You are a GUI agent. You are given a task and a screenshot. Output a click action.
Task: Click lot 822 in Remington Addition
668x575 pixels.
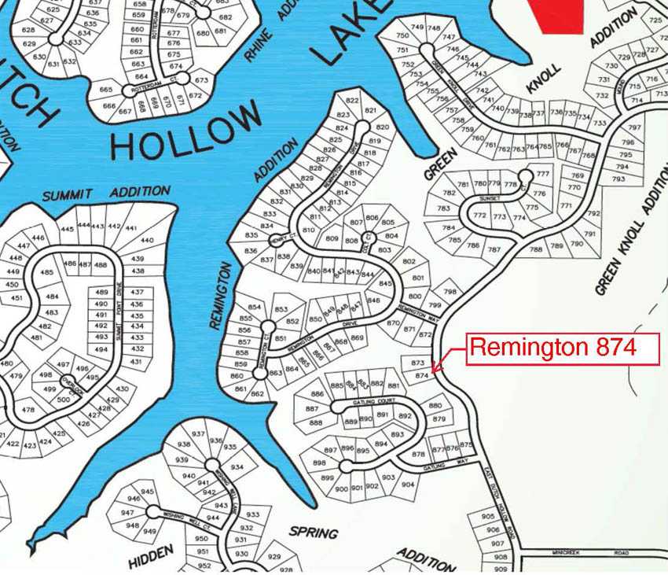click(352, 101)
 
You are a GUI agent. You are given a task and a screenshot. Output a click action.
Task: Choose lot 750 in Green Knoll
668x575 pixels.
click(403, 36)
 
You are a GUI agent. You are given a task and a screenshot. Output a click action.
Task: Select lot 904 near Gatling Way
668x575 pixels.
click(408, 485)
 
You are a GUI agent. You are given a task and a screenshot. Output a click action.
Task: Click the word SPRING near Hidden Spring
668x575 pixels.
click(314, 533)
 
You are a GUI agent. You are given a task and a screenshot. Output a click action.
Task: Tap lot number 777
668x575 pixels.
click(542, 173)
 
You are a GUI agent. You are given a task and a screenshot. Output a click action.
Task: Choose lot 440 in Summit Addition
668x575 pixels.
click(147, 240)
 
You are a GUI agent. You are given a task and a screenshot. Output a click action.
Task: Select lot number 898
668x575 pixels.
click(319, 463)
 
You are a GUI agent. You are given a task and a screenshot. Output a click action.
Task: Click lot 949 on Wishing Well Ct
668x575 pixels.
click(150, 531)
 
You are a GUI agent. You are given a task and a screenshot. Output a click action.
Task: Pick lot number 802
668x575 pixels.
click(409, 261)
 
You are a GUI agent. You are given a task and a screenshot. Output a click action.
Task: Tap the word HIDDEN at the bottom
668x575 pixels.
click(151, 557)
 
